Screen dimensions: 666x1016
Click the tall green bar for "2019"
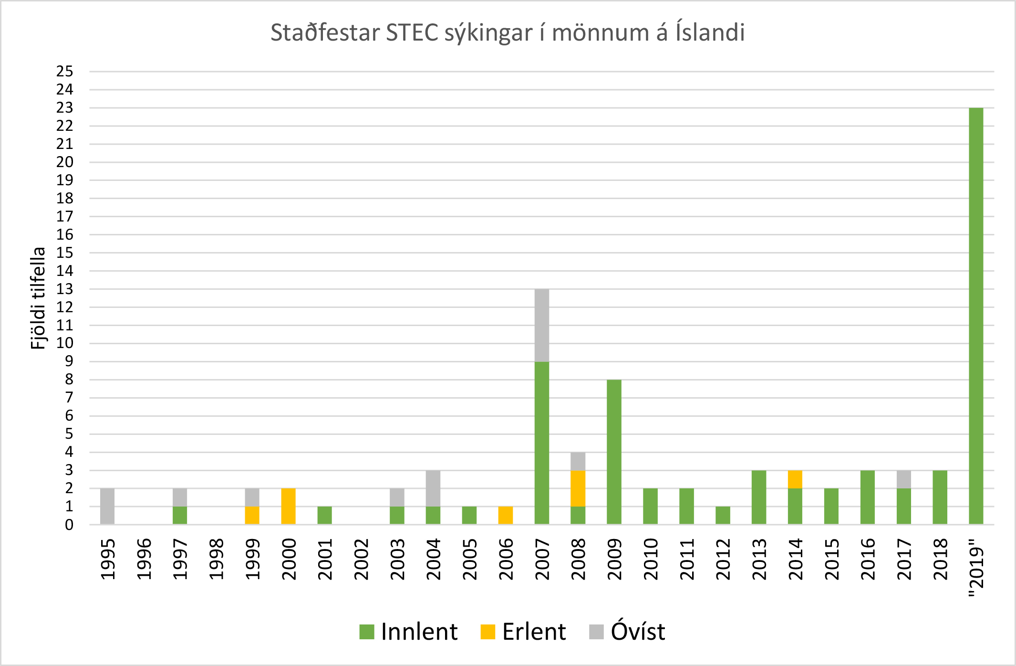point(976,315)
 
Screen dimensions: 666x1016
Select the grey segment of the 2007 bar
point(542,325)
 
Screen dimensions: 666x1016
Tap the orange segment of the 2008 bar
point(578,488)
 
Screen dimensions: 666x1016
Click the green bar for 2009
point(614,452)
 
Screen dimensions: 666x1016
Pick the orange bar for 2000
point(289,506)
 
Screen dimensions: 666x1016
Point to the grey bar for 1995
point(107,506)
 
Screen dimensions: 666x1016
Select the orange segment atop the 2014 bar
point(795,479)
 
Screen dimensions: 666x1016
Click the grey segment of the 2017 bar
point(904,479)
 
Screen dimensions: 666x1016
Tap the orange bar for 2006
point(506,515)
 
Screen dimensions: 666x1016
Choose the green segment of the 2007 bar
point(542,443)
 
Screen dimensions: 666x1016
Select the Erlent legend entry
point(523,632)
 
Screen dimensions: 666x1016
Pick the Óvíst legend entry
point(627,632)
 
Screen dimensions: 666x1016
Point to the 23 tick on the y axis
point(65,108)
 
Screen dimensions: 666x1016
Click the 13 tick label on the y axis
point(65,289)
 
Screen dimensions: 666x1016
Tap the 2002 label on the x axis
point(361,559)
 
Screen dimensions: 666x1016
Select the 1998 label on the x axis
point(216,559)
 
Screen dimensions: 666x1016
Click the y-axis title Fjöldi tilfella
point(38,298)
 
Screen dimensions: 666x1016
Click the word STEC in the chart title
point(412,32)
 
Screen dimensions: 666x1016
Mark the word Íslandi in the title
point(710,32)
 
